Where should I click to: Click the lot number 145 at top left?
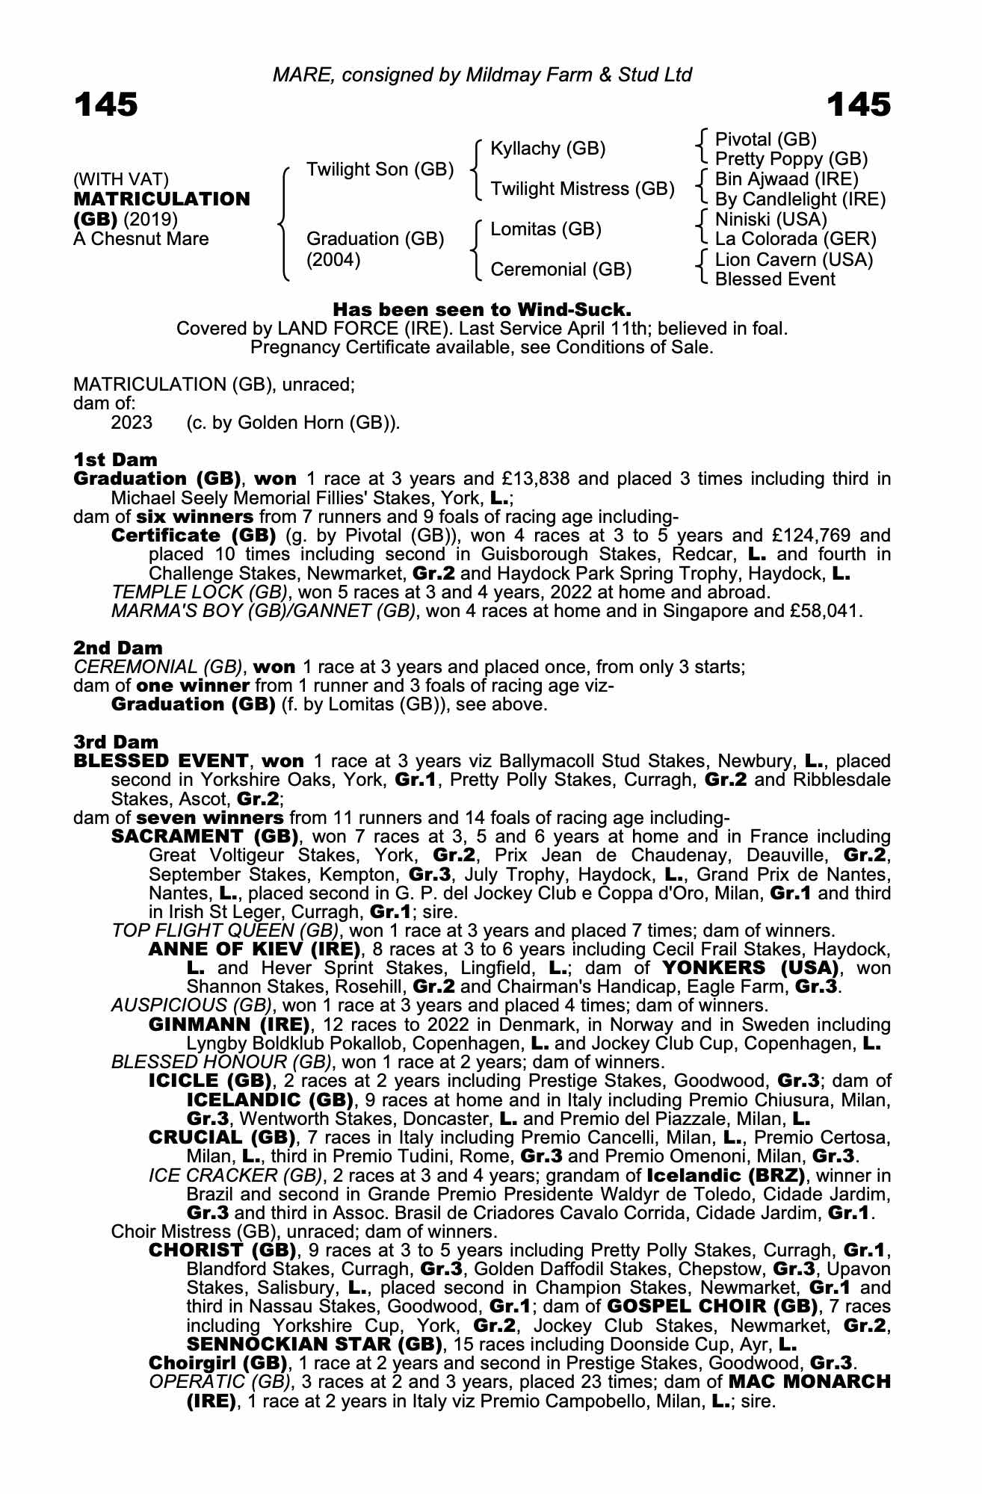[105, 105]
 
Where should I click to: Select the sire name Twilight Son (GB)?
[380, 170]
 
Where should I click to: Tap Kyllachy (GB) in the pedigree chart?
[548, 149]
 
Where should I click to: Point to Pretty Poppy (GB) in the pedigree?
[791, 159]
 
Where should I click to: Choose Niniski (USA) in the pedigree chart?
[771, 220]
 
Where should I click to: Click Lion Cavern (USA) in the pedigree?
[794, 260]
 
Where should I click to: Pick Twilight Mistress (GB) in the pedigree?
[582, 189]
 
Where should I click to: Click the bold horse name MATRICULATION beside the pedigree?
[161, 199]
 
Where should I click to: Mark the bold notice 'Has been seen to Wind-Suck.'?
[482, 309]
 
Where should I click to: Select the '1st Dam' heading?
[115, 459]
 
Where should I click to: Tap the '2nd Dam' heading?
[117, 648]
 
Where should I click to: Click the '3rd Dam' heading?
[116, 742]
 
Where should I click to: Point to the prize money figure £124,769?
[800, 536]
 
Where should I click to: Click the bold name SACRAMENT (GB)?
[205, 836]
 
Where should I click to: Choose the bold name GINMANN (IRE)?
[229, 1024]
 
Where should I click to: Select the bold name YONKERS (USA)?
[756, 968]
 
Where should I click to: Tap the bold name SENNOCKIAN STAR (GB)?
[312, 1345]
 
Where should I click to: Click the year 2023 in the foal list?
[132, 423]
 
